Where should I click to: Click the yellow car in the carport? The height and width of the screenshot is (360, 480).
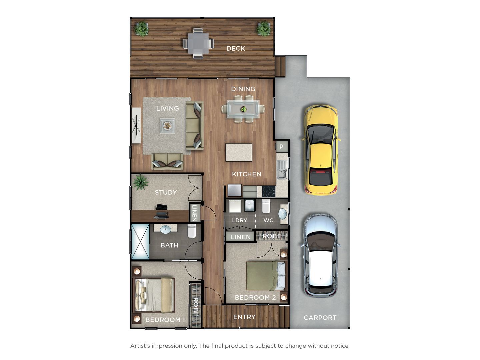pyautogui.click(x=321, y=150)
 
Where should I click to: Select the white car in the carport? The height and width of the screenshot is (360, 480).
pyautogui.click(x=321, y=255)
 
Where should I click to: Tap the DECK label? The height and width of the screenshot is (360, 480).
pyautogui.click(x=236, y=48)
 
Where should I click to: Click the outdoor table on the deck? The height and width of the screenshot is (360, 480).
pyautogui.click(x=198, y=43)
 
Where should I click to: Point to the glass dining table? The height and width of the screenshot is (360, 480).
pyautogui.click(x=243, y=109)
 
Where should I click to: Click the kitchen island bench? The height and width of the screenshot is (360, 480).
pyautogui.click(x=239, y=152)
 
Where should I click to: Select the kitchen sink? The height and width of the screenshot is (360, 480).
pyautogui.click(x=282, y=170)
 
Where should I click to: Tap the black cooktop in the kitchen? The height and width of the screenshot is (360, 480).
pyautogui.click(x=269, y=192)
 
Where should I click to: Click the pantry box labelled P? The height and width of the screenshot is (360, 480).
pyautogui.click(x=282, y=147)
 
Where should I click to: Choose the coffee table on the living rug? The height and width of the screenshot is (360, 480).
pyautogui.click(x=168, y=126)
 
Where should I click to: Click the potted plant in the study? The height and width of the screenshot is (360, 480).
pyautogui.click(x=140, y=182)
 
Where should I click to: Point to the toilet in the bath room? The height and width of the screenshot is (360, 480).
pyautogui.click(x=192, y=231)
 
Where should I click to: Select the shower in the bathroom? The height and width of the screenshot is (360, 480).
pyautogui.click(x=140, y=242)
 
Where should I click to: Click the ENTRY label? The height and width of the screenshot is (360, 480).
pyautogui.click(x=244, y=317)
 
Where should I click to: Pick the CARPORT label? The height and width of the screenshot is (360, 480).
pyautogui.click(x=320, y=318)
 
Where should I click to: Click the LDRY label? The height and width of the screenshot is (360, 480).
pyautogui.click(x=239, y=220)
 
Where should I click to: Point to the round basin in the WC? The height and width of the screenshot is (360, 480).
pyautogui.click(x=283, y=214)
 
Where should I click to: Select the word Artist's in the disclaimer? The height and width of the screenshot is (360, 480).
pyautogui.click(x=140, y=346)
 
